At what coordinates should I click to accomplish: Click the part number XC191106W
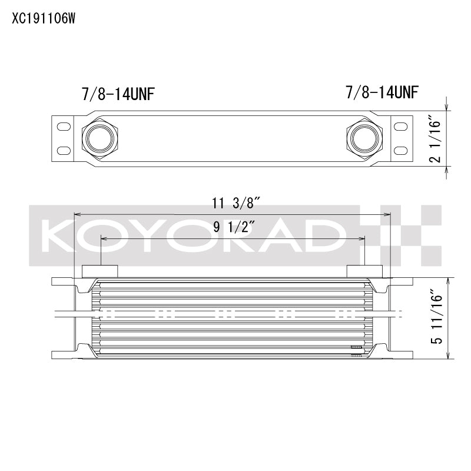coord(44,18)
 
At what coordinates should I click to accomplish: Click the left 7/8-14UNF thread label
coord(120,94)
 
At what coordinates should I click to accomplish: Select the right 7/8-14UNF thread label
coord(383,92)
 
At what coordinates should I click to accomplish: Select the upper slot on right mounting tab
coord(400,126)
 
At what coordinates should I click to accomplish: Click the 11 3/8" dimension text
coord(237,204)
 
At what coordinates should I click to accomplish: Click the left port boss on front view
coord(99,271)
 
